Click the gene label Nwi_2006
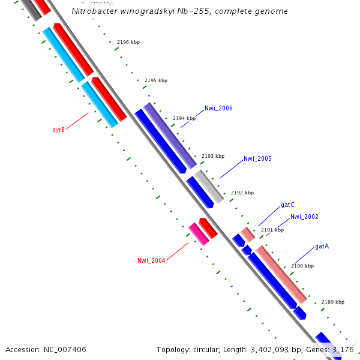click(x=218, y=109)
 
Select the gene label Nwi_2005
click(x=257, y=159)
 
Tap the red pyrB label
click(x=58, y=130)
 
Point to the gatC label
click(x=287, y=205)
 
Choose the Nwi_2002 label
click(x=304, y=217)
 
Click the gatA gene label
click(x=322, y=247)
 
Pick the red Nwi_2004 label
click(x=151, y=260)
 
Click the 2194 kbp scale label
click(x=184, y=119)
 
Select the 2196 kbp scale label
click(x=128, y=43)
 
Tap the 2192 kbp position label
click(x=242, y=193)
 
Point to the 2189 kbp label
click(x=333, y=302)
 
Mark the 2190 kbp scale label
click(x=302, y=266)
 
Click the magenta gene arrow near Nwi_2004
click(x=199, y=234)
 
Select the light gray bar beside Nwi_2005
click(x=209, y=185)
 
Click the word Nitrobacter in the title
click(x=92, y=11)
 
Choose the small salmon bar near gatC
click(x=248, y=234)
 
